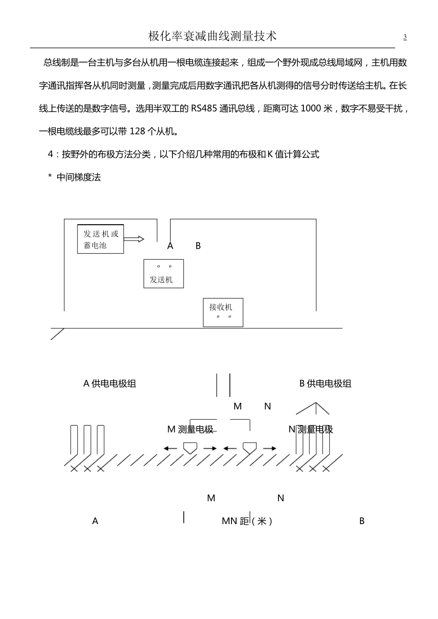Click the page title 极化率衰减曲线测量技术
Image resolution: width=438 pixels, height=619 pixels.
pyautogui.click(x=213, y=36)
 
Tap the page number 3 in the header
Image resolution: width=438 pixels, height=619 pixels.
pyautogui.click(x=405, y=37)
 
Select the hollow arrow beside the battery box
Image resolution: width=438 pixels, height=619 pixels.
pyautogui.click(x=134, y=239)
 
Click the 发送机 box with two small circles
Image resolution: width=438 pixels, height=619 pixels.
pyautogui.click(x=164, y=274)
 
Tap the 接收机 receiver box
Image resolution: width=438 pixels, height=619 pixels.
pyautogui.click(x=223, y=312)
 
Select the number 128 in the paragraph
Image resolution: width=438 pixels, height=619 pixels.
pyautogui.click(x=137, y=132)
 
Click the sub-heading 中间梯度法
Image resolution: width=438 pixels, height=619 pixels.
pyautogui.click(x=78, y=177)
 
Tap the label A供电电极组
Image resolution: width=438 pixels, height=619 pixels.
pyautogui.click(x=110, y=384)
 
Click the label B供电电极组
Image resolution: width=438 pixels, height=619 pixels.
pyautogui.click(x=326, y=384)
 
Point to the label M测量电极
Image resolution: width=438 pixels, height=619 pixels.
pyautogui.click(x=190, y=430)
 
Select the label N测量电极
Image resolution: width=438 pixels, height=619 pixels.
pyautogui.click(x=311, y=430)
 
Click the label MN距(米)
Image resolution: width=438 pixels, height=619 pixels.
pyautogui.click(x=247, y=521)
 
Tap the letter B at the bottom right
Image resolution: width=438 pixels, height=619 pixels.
pyautogui.click(x=362, y=521)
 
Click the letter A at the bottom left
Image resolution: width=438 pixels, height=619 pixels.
pyautogui.click(x=95, y=521)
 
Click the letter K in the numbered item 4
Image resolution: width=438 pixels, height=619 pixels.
pyautogui.click(x=270, y=155)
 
